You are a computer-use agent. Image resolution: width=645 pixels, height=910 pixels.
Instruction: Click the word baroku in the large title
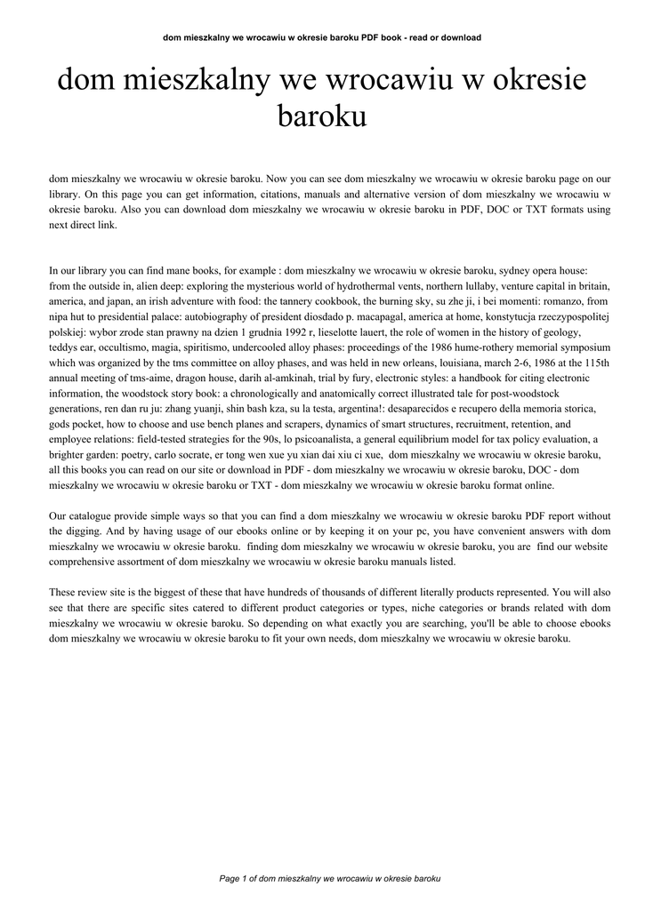point(323,116)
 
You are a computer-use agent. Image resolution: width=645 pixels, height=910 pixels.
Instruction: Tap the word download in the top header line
point(461,38)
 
